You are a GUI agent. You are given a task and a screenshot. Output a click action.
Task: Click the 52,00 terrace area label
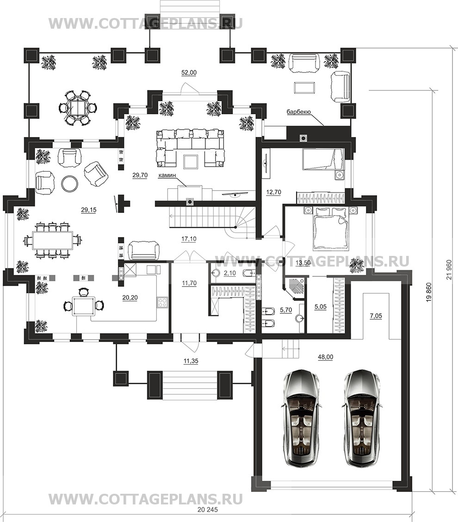[189, 73]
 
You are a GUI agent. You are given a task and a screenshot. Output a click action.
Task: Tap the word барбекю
[298, 112]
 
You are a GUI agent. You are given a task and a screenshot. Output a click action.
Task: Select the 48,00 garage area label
[325, 357]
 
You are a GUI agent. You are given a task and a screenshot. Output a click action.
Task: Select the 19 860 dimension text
[428, 292]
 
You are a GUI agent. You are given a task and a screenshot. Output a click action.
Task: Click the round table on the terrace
[78, 107]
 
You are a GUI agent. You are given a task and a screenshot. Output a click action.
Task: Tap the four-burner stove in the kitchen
[162, 302]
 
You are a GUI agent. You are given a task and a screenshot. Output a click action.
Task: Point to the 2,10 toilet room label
[229, 273]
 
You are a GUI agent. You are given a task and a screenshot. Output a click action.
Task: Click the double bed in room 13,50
[330, 228]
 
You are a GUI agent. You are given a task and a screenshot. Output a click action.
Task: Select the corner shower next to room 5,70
[294, 284]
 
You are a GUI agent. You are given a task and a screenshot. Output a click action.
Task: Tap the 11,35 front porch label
[191, 360]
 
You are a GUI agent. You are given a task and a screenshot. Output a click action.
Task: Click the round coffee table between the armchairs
[70, 183]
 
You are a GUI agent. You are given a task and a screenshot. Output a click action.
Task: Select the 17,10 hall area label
[189, 239]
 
